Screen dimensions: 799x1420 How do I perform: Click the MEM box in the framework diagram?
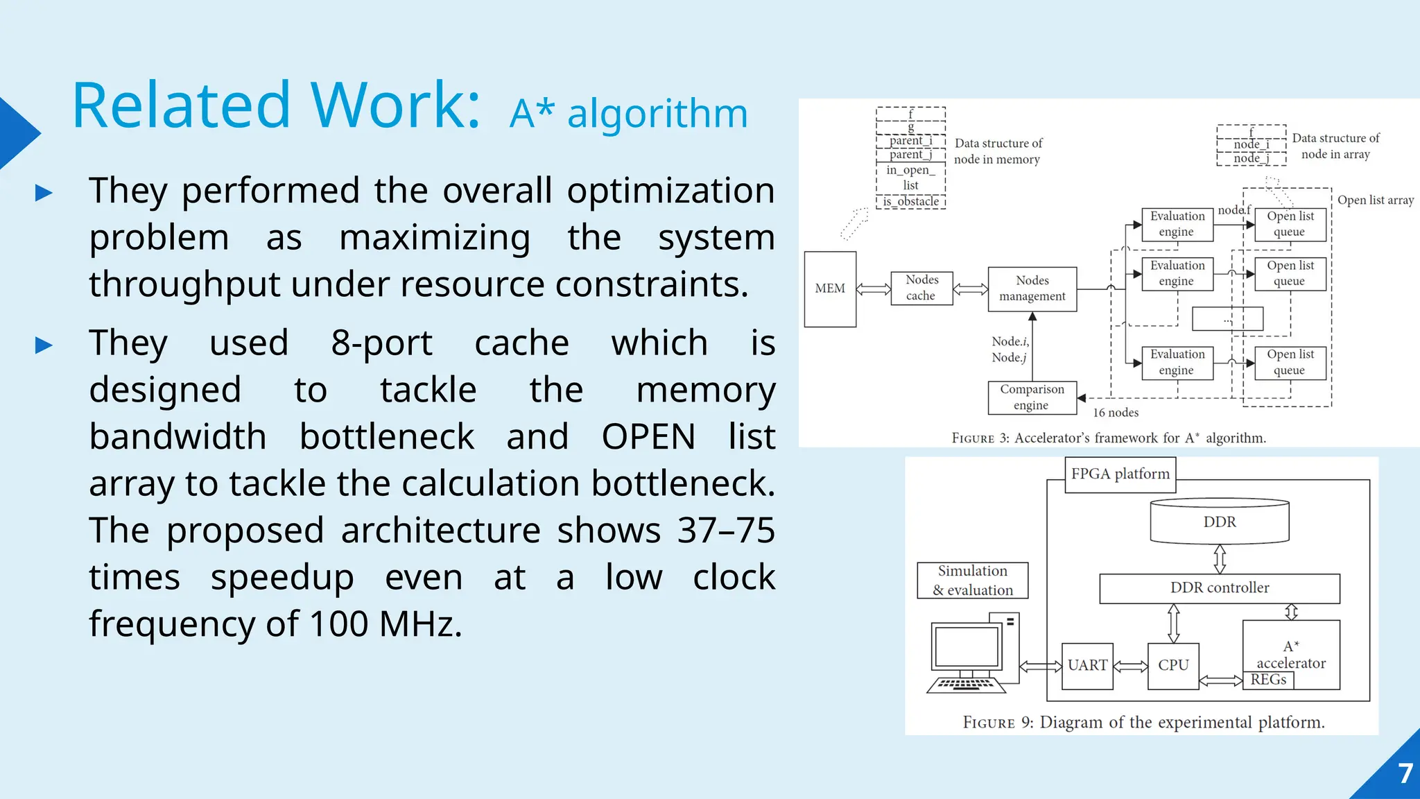pos(830,289)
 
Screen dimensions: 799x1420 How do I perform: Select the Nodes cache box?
pos(921,288)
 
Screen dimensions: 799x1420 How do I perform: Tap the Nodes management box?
pos(1032,289)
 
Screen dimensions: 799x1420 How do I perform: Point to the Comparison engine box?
pos(1032,397)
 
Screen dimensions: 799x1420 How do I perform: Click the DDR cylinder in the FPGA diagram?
pos(1220,522)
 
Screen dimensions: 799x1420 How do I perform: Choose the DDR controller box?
pos(1220,588)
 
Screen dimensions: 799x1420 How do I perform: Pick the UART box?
pos(1087,665)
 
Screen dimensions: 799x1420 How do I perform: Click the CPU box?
pos(1173,665)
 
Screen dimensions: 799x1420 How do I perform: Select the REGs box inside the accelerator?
pos(1268,680)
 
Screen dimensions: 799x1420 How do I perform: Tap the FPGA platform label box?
pos(1120,474)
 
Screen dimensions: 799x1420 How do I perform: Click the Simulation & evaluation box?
pos(972,581)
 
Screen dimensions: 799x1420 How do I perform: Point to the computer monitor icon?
pos(967,648)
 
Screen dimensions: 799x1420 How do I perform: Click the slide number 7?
pos(1405,773)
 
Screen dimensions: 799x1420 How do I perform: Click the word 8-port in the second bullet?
pos(381,343)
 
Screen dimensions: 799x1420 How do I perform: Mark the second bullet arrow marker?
pos(44,345)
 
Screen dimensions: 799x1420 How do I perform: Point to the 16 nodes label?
pos(1116,413)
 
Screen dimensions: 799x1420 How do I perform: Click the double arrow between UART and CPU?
pos(1130,666)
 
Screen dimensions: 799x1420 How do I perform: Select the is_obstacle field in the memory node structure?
pos(910,202)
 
